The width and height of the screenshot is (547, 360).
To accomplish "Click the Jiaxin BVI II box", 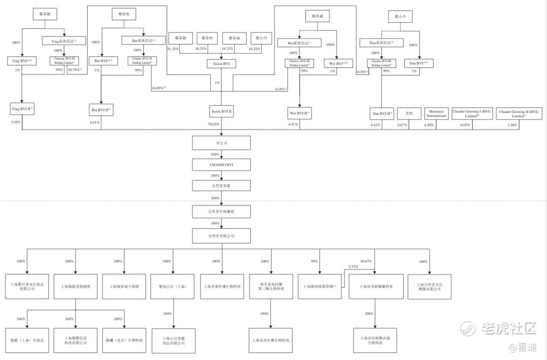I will click(x=221, y=111).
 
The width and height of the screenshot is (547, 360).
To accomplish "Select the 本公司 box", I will click(x=221, y=143).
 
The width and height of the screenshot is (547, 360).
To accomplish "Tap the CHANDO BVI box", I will click(x=221, y=165).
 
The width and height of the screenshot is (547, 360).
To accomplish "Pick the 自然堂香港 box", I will click(x=221, y=186).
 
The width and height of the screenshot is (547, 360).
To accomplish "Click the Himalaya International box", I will click(x=436, y=113).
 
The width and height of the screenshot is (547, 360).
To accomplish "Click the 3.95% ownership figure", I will click(x=16, y=123).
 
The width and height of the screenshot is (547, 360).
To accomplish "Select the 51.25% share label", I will click(x=173, y=49).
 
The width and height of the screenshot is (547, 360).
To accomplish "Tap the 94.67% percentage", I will click(x=366, y=261).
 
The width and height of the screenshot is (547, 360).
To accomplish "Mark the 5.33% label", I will click(x=353, y=267).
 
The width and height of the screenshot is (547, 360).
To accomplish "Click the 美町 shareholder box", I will click(x=409, y=113).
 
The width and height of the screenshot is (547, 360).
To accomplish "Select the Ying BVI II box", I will click(x=22, y=108).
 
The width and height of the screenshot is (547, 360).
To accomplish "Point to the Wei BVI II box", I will click(x=299, y=113).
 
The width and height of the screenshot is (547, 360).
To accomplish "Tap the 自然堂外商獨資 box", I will click(x=221, y=212).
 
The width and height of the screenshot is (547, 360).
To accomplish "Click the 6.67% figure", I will click(x=402, y=125).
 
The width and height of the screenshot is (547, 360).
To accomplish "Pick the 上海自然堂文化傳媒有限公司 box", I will click(x=429, y=286).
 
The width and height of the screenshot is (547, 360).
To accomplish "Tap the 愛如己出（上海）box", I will click(x=173, y=286).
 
